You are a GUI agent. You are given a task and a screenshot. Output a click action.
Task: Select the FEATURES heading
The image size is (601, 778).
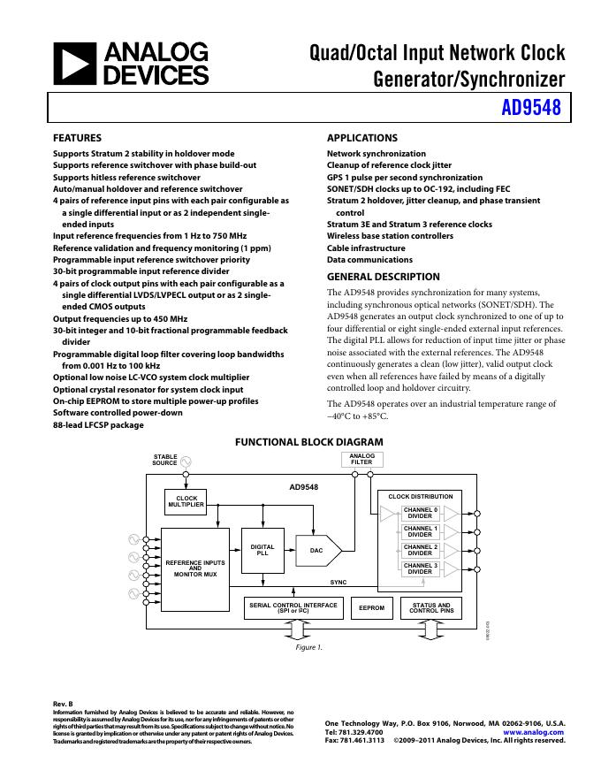pos(78,138)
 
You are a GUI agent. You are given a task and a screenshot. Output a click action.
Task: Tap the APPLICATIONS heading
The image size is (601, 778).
pos(362,138)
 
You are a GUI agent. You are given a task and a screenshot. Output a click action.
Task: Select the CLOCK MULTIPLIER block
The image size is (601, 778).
pos(186,502)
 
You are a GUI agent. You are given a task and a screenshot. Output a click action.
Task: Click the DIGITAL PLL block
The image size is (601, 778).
pos(262,550)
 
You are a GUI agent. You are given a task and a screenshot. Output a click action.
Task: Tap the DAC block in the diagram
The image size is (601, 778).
pos(316,550)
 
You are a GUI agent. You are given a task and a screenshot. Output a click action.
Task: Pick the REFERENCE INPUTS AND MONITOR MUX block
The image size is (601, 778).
pos(195,568)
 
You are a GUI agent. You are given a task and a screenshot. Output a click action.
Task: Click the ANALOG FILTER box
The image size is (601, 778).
pos(361,459)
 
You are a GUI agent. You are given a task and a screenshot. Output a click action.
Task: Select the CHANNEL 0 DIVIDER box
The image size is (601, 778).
pos(420,513)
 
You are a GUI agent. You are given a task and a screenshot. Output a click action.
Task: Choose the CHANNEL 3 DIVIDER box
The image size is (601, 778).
pos(420,568)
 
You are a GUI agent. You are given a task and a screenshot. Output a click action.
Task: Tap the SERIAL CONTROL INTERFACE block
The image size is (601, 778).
pos(293,608)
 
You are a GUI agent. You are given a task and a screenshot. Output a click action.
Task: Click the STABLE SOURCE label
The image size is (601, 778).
pos(164,460)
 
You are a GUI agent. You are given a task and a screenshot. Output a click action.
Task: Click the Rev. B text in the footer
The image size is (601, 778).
pos(64,704)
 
